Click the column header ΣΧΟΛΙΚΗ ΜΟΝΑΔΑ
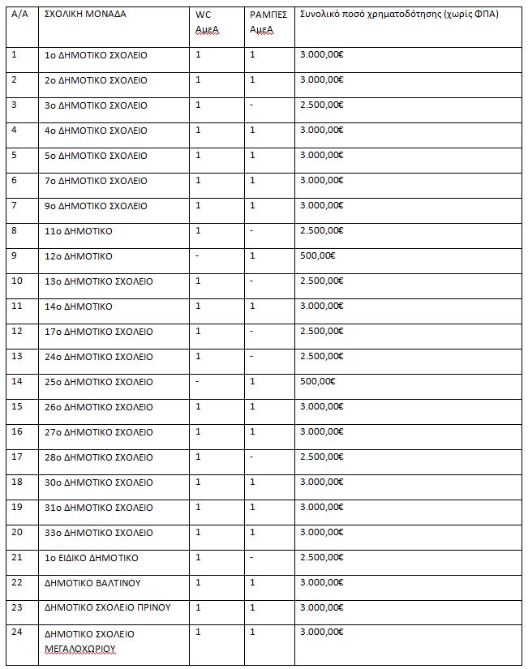coord(85,15)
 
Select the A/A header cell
coord(19,15)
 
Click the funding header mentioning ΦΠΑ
coord(398,15)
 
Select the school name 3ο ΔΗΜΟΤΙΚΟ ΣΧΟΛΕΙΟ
coord(96,105)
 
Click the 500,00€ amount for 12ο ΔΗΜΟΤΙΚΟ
coord(317,256)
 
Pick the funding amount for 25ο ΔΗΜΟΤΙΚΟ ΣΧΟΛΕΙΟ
coord(317,382)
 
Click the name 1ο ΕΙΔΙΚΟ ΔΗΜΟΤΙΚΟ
coord(92,558)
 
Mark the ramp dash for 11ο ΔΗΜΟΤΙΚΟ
coord(252,231)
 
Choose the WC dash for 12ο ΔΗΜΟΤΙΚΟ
coord(198,256)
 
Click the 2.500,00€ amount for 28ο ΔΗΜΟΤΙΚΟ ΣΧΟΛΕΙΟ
coord(321,457)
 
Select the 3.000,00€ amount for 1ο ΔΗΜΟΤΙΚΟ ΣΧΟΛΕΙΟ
coord(321,55)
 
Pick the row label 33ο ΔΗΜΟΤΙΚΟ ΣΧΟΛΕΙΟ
coord(98,533)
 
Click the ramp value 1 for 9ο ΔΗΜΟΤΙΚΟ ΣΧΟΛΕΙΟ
coord(252,206)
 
